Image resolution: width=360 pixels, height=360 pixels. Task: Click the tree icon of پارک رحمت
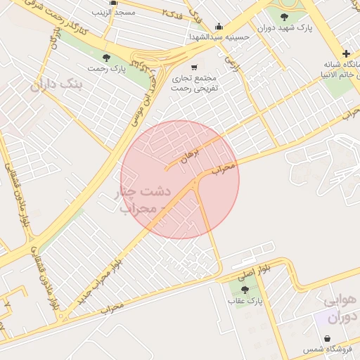[106, 58]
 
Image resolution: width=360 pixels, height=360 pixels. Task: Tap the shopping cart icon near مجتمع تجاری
[194, 67]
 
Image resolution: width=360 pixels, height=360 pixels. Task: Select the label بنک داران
[57, 86]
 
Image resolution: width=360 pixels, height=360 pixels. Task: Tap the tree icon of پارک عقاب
[245, 290]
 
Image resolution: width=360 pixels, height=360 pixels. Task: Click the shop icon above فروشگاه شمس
[328, 338]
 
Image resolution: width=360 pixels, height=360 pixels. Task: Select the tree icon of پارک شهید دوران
[285, 17]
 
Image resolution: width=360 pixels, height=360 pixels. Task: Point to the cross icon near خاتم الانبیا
[346, 53]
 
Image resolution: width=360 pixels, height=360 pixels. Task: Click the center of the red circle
[180, 179]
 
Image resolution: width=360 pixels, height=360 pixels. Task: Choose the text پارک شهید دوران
[284, 28]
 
